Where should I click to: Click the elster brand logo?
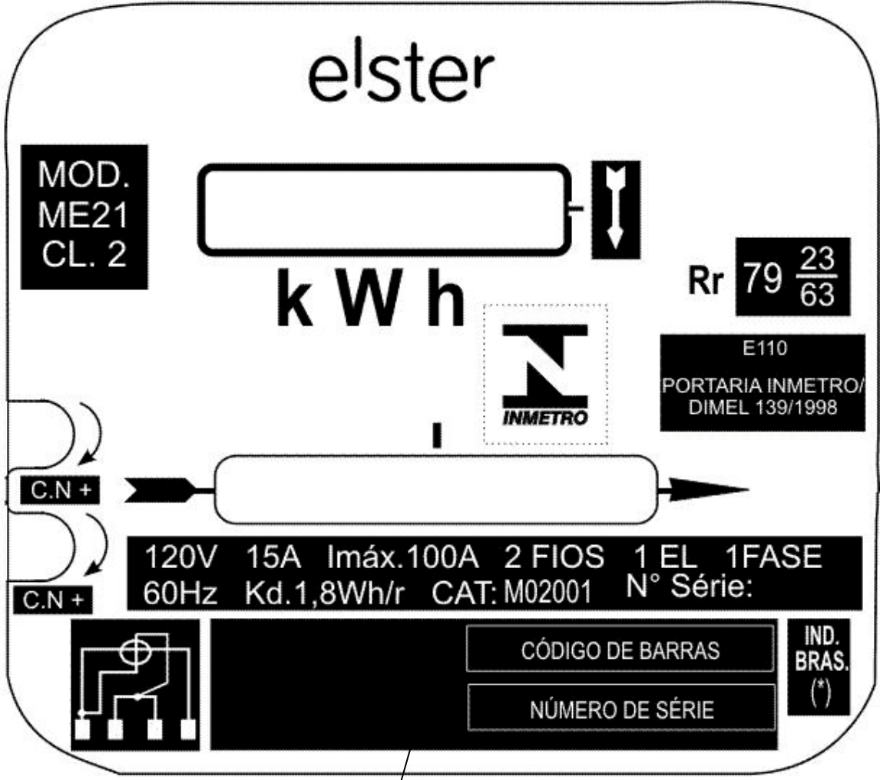pyautogui.click(x=402, y=77)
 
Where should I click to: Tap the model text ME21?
pyautogui.click(x=84, y=216)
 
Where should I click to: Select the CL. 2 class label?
pyautogui.click(x=84, y=254)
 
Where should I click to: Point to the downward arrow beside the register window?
pyautogui.click(x=616, y=207)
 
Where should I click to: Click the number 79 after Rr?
pyautogui.click(x=763, y=277)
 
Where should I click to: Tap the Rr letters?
pyautogui.click(x=706, y=279)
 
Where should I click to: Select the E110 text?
pyautogui.click(x=764, y=349)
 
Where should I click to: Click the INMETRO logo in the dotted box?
pyautogui.click(x=545, y=375)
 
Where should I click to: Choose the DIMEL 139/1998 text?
pyautogui.click(x=763, y=408)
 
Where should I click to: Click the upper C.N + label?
pyautogui.click(x=60, y=490)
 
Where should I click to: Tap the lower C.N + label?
pyautogui.click(x=53, y=600)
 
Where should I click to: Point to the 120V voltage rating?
pyautogui.click(x=180, y=557)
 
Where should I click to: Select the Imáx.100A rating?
pyautogui.click(x=403, y=557)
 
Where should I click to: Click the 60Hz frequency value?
pyautogui.click(x=180, y=593)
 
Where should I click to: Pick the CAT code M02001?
pyautogui.click(x=548, y=593)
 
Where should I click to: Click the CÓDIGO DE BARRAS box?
pyautogui.click(x=620, y=649)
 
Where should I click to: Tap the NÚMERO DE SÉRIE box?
pyautogui.click(x=622, y=708)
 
